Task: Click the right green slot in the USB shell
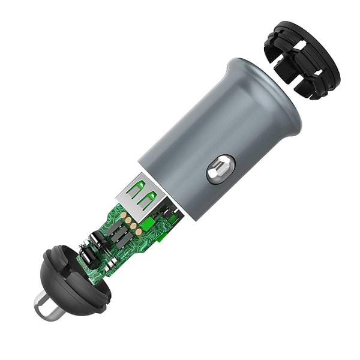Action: click(150, 196)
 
